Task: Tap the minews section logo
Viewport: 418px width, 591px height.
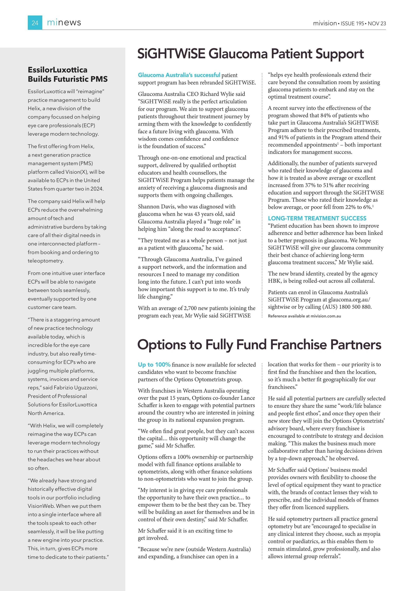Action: (64, 23)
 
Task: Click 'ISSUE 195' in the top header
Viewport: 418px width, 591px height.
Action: (352, 23)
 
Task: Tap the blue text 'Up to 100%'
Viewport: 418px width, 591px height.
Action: (154, 365)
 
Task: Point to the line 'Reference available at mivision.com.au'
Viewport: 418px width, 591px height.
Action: (304, 316)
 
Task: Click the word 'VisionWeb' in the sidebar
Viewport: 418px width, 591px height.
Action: (41, 506)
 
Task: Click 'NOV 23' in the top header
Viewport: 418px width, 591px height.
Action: (377, 23)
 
